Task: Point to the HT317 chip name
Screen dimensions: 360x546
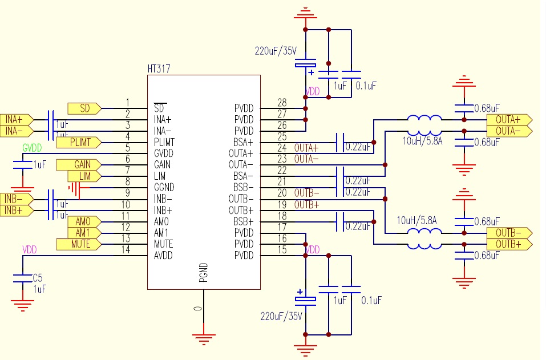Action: point(159,69)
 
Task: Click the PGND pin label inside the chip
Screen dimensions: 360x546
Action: point(203,273)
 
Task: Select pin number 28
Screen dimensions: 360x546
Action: point(282,103)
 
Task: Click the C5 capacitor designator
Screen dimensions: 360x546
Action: point(38,278)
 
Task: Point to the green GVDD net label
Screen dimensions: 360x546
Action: point(33,147)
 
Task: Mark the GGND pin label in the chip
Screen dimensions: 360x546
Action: point(164,187)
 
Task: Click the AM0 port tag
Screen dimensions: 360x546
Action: point(83,221)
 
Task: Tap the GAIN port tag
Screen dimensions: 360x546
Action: point(82,165)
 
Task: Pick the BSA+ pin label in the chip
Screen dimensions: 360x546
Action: point(244,142)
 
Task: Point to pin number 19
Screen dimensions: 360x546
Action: point(282,204)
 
